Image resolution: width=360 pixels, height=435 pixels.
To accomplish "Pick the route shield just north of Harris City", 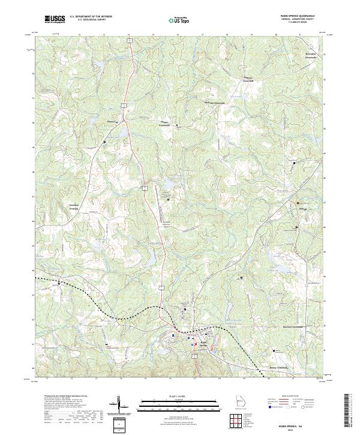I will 123,106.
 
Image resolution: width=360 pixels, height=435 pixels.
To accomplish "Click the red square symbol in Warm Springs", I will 192,344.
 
